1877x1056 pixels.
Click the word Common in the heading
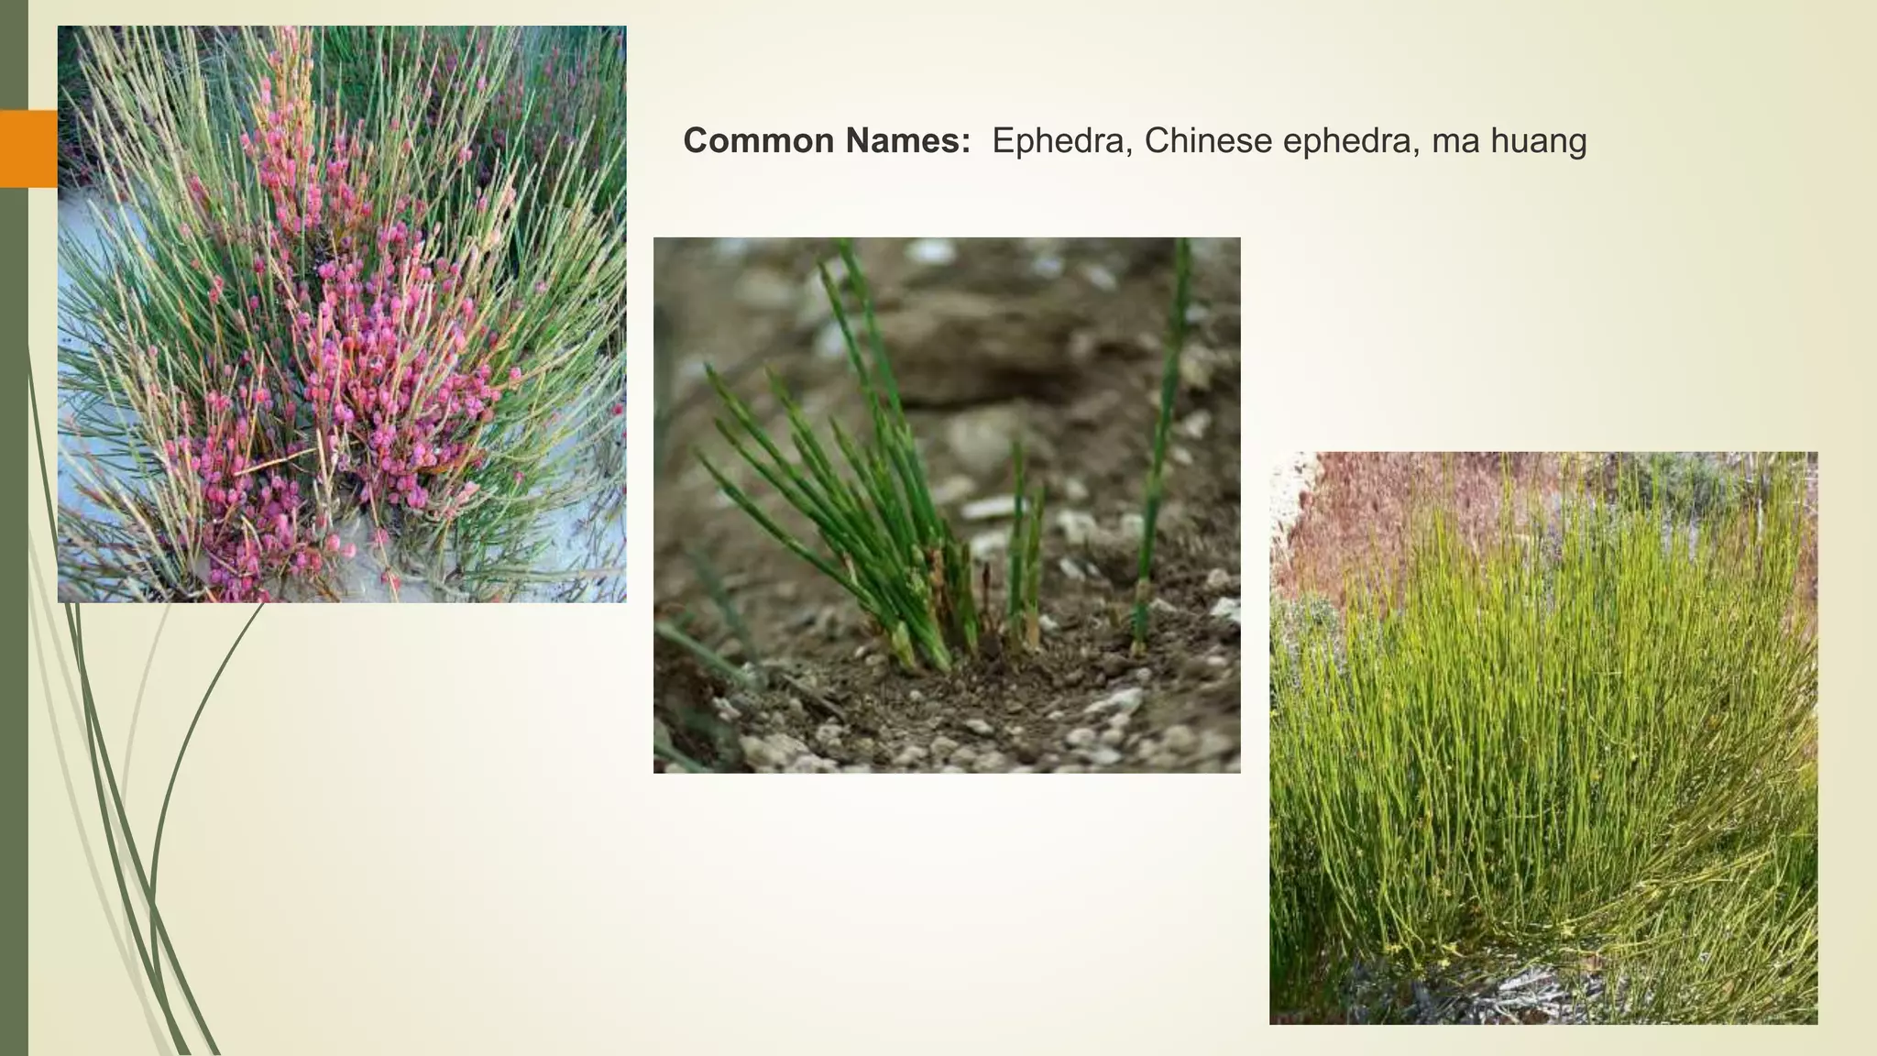(759, 141)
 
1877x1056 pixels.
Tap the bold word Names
(906, 141)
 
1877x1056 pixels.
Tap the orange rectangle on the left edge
(28, 148)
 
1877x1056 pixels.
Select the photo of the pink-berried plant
(342, 313)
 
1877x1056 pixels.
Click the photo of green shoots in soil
(946, 505)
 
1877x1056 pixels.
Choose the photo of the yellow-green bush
(1542, 737)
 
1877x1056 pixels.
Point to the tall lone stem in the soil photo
(1162, 440)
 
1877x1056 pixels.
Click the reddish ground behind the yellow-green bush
(1375, 504)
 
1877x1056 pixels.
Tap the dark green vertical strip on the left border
(13, 642)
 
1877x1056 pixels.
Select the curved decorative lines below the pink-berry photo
(137, 825)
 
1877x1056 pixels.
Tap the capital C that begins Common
(696, 141)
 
